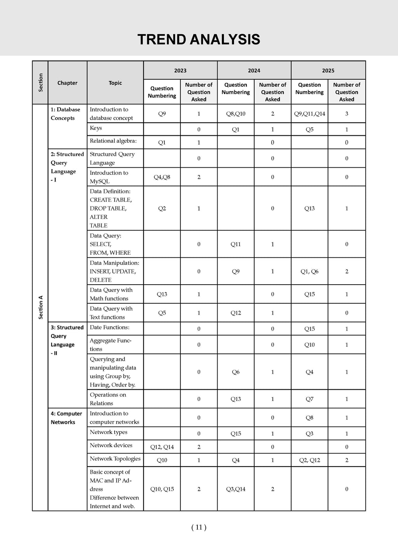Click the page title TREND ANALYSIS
(x=199, y=40)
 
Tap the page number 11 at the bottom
(x=199, y=527)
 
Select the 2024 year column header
(x=254, y=70)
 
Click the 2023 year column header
(x=180, y=70)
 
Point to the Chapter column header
(x=67, y=83)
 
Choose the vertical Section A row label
(x=40, y=307)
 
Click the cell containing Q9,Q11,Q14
(x=309, y=114)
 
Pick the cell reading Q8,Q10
(x=236, y=114)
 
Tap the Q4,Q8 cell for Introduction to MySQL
(x=162, y=177)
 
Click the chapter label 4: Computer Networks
(x=66, y=418)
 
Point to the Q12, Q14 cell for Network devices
(x=162, y=447)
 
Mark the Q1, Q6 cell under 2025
(x=309, y=271)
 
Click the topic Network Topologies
(x=115, y=459)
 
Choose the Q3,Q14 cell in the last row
(x=236, y=489)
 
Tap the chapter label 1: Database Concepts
(x=65, y=114)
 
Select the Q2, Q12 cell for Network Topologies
(x=309, y=460)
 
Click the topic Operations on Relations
(x=108, y=399)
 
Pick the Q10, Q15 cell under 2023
(x=162, y=489)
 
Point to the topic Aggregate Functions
(x=110, y=345)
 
